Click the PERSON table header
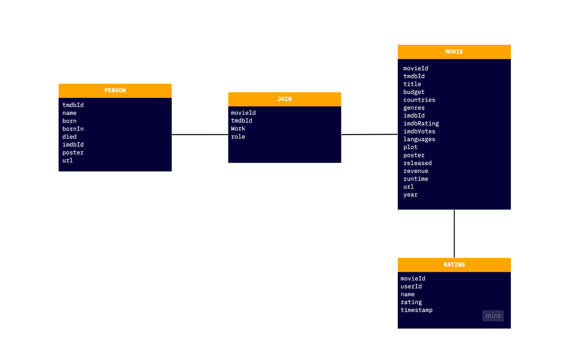coord(115,90)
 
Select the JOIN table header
coord(284,99)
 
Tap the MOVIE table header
coord(454,52)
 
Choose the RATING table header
coord(454,265)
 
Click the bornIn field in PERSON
coord(73,129)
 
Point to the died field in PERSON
coord(69,137)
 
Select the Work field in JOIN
coord(238,128)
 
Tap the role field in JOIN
coord(238,137)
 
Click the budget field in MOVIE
coord(414,92)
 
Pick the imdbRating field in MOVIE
coord(421,123)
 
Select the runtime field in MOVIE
coord(415,179)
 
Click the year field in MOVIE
coord(410,195)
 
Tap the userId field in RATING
coord(411,286)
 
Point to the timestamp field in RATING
coord(416,310)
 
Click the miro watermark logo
coord(493,316)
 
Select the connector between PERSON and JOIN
coord(200,134)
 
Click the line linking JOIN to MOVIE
coord(369,134)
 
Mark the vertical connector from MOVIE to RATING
coord(454,233)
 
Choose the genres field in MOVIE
coord(414,108)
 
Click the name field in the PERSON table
coord(69,113)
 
